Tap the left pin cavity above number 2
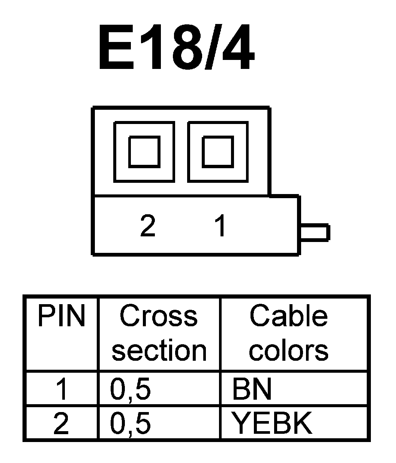tap(144, 151)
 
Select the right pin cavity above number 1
tap(217, 151)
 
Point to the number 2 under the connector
tap(148, 226)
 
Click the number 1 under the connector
tap(221, 226)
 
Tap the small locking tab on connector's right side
tap(315, 232)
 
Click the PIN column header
tap(61, 317)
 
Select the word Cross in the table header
tap(159, 316)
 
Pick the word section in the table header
tap(159, 351)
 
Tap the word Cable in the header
tap(288, 316)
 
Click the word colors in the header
tap(288, 351)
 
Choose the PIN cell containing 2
tap(61, 423)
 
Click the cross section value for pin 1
tap(130, 390)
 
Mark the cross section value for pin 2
tap(130, 424)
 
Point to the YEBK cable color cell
tap(272, 423)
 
